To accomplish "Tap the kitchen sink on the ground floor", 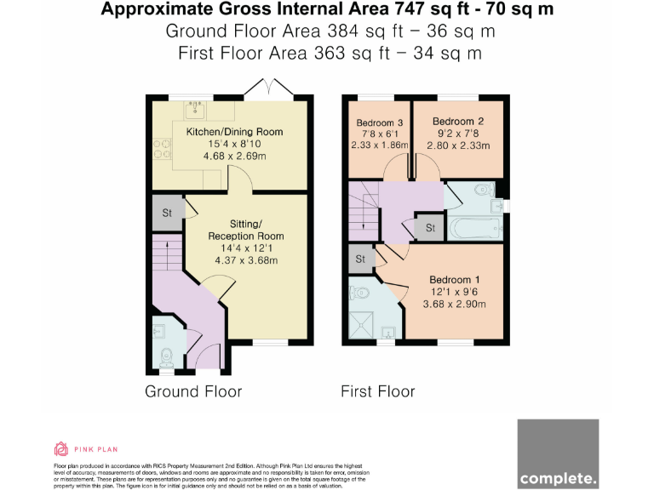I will (x=194, y=108).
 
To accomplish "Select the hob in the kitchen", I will (x=161, y=149).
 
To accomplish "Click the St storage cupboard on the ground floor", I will (x=167, y=212).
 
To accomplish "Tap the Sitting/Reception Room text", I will (x=245, y=229).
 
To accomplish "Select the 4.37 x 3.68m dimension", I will (x=245, y=260).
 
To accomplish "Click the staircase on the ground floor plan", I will (x=169, y=256).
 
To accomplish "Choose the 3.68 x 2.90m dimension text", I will (x=456, y=304).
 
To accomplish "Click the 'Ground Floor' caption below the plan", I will (x=193, y=391).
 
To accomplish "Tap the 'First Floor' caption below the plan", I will (x=377, y=391).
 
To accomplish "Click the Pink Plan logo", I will (x=85, y=448).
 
